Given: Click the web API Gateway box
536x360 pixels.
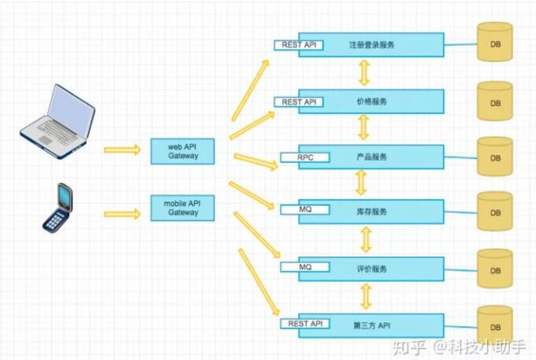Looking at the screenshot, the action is point(182,151).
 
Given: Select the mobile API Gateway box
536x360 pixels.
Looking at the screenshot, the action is point(182,208).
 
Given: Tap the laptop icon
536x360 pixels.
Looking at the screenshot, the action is point(58,122).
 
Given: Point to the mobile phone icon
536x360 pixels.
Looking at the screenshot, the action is point(58,208).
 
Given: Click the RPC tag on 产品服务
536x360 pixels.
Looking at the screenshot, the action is point(305,157).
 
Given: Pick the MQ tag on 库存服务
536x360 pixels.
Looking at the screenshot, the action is point(305,209).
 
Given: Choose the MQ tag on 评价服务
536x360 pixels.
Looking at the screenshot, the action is point(305,267).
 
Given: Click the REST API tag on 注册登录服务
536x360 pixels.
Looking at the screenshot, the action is point(298,45).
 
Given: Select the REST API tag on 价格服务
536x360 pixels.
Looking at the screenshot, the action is point(298,102).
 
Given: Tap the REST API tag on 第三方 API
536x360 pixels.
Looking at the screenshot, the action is point(305,324).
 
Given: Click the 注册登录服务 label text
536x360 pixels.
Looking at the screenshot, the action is point(372,45).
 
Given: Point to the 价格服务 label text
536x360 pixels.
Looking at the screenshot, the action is point(372,101).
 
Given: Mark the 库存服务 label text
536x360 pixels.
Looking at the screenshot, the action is point(372,212).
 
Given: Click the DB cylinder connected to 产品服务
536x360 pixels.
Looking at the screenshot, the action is point(495,156).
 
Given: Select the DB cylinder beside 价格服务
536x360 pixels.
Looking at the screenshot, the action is point(495,101).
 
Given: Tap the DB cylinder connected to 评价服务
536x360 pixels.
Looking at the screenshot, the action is point(495,268).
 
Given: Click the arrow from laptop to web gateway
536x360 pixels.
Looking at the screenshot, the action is point(122,150).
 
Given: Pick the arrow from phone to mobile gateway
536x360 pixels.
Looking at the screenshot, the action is point(122,214).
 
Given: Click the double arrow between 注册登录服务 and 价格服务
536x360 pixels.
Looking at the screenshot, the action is point(364,73).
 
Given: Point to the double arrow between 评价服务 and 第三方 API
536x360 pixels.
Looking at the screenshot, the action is point(365,297).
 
